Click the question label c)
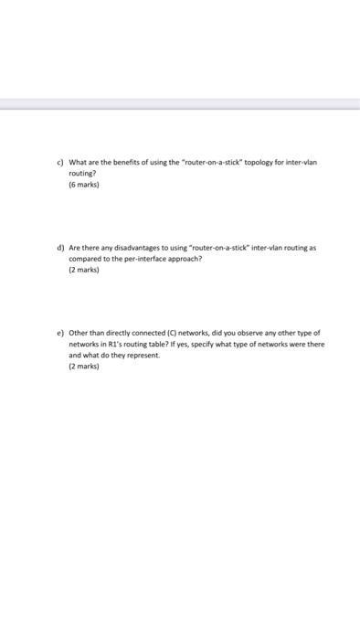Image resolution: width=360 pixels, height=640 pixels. [59, 162]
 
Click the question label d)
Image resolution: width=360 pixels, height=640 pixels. [59, 247]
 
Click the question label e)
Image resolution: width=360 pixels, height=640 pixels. [59, 334]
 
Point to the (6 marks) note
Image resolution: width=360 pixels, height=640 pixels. [83, 184]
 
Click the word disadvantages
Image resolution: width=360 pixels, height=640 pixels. [133, 247]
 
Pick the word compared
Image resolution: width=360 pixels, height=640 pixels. [86, 258]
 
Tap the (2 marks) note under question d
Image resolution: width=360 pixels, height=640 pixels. [83, 269]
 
